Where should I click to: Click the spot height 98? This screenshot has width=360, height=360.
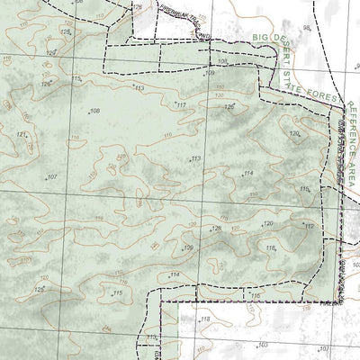click(306, 27)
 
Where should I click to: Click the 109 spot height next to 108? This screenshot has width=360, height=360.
click(211, 73)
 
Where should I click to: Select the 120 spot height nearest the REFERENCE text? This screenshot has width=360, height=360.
click(293, 133)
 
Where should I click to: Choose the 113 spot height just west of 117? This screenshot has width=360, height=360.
click(139, 88)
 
